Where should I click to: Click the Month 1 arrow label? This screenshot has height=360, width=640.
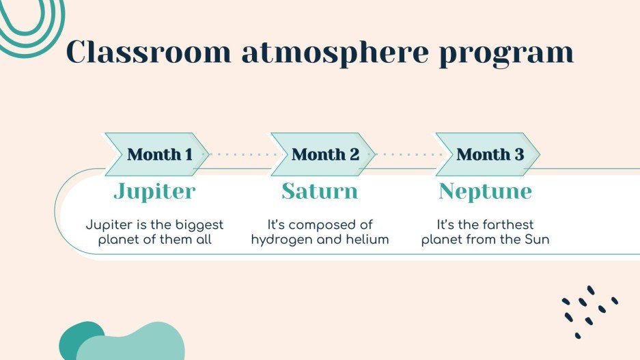159,154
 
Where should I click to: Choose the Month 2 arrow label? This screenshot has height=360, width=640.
324,154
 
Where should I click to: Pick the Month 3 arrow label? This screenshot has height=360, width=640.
490,154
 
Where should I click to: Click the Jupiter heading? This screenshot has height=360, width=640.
154,191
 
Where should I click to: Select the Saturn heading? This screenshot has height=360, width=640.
320,191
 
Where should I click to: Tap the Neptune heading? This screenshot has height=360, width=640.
485,191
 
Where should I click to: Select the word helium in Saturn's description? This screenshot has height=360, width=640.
367,240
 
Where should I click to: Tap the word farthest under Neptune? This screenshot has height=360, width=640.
507,225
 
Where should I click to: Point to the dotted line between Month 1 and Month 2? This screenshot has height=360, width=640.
240,154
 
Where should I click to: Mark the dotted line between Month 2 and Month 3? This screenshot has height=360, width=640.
406,154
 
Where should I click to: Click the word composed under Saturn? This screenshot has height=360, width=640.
332,225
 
